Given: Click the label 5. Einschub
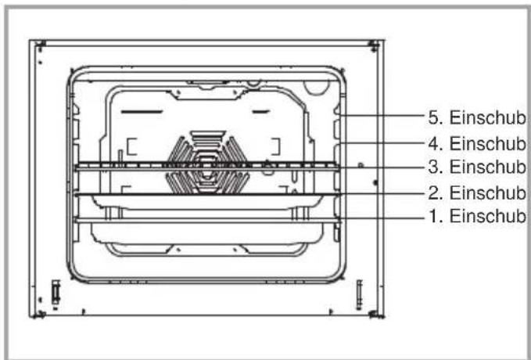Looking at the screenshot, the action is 477,118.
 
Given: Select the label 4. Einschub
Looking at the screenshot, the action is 477,143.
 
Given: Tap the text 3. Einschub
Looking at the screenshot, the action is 477,167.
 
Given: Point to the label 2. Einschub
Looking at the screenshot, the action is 477,193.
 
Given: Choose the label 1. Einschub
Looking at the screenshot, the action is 477,216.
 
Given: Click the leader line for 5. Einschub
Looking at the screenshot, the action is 382,116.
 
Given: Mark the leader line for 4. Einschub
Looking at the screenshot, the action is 382,142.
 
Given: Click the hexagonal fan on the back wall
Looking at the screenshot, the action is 207,163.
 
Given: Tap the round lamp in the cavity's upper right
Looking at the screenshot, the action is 316,87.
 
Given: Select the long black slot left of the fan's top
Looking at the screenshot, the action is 142,112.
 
